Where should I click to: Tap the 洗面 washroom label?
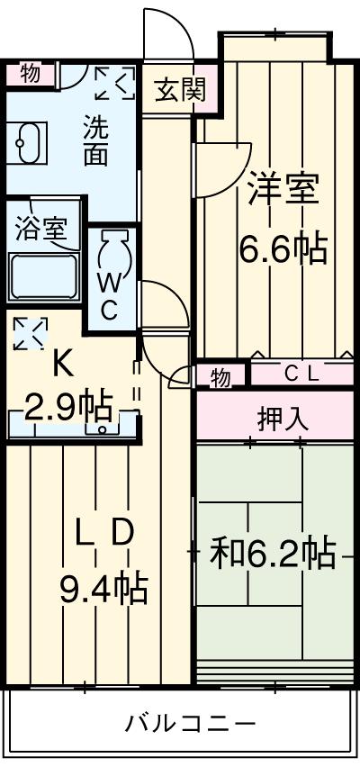click(x=95, y=140)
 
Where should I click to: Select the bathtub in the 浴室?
click(x=44, y=276)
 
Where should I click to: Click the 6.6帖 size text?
click(x=283, y=248)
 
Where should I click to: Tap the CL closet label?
click(x=302, y=374)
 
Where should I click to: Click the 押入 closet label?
click(x=277, y=420)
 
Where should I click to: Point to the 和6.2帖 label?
click(x=274, y=554)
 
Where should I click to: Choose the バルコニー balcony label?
click(x=190, y=723)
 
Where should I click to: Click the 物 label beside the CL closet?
click(x=220, y=376)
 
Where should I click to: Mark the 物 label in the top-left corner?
click(x=31, y=74)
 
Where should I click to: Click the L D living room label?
click(x=103, y=534)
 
